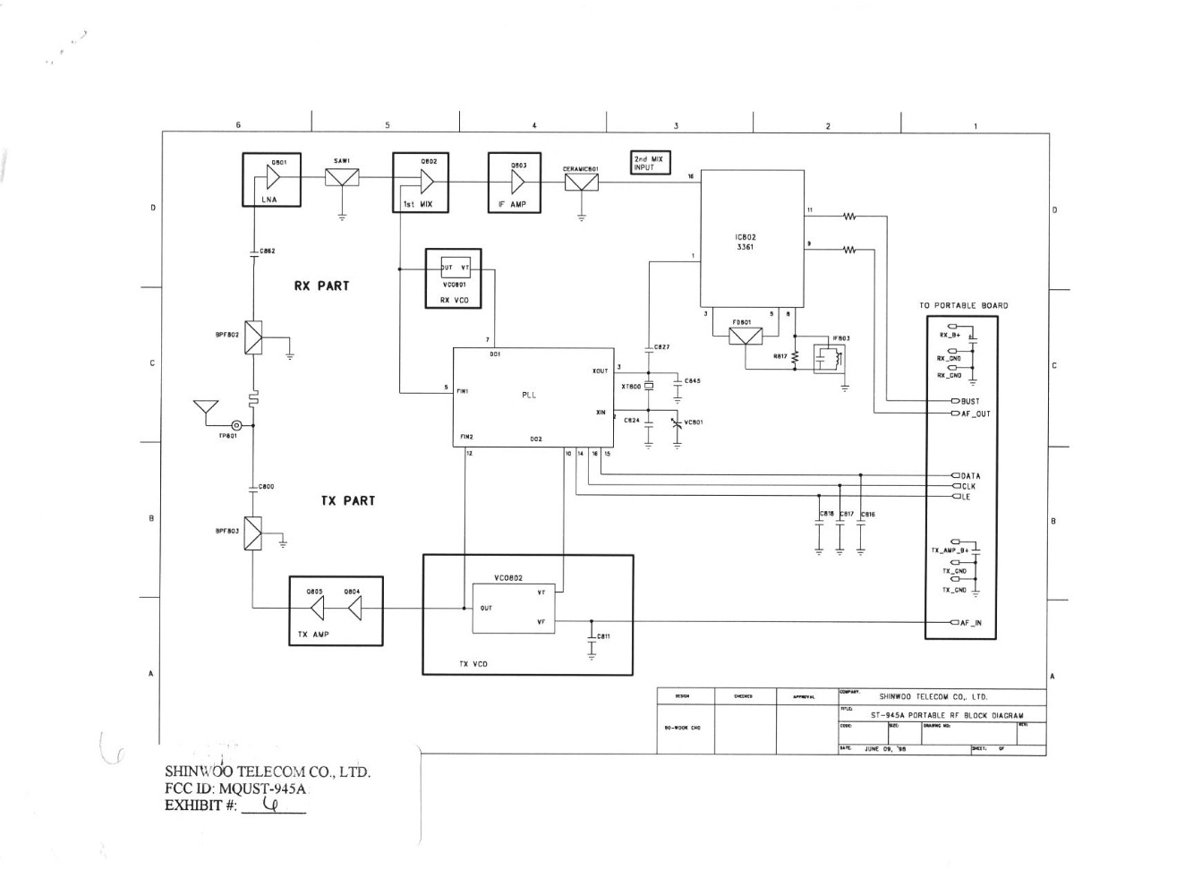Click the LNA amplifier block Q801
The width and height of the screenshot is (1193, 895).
tap(271, 180)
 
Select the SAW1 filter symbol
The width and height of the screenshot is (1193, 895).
tap(342, 177)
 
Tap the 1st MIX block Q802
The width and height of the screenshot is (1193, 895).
tap(421, 183)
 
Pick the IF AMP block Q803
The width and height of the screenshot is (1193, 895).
tap(515, 183)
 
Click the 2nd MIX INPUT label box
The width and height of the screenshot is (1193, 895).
tap(650, 163)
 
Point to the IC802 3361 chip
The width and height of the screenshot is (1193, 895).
tap(752, 240)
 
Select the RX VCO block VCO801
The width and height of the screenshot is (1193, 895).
tap(453, 278)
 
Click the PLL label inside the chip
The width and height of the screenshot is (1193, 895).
tap(529, 396)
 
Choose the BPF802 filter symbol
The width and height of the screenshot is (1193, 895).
tap(254, 337)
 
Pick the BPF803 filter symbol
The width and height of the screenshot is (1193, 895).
tap(254, 533)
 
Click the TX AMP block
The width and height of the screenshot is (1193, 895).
tap(336, 611)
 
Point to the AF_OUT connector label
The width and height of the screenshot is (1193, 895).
tap(975, 414)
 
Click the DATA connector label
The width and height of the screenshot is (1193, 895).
tap(970, 476)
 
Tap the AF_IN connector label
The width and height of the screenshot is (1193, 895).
tap(970, 623)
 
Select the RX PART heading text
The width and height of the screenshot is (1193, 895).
tap(321, 286)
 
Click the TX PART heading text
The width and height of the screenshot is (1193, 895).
tap(348, 501)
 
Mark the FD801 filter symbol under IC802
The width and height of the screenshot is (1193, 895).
tap(745, 336)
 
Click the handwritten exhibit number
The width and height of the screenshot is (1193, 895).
tap(273, 805)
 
